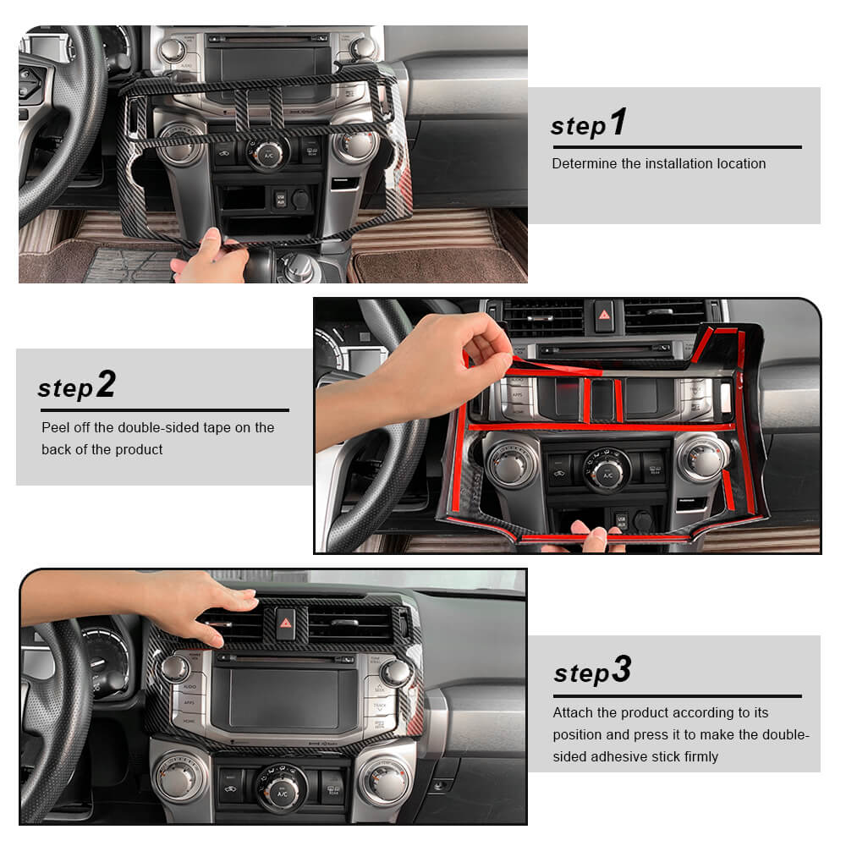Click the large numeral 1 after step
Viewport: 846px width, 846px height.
[x=619, y=121]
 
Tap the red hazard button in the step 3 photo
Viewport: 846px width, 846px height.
[x=285, y=624]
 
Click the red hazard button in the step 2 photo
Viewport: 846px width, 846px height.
[x=604, y=315]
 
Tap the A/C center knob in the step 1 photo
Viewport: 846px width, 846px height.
[x=267, y=154]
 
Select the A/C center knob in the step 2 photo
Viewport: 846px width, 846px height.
[x=607, y=472]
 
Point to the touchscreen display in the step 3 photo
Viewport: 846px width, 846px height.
[x=284, y=698]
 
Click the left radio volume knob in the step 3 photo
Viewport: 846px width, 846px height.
[x=174, y=668]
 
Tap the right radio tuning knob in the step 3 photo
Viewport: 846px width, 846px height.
[x=394, y=673]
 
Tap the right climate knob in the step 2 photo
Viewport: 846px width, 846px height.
[x=700, y=459]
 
